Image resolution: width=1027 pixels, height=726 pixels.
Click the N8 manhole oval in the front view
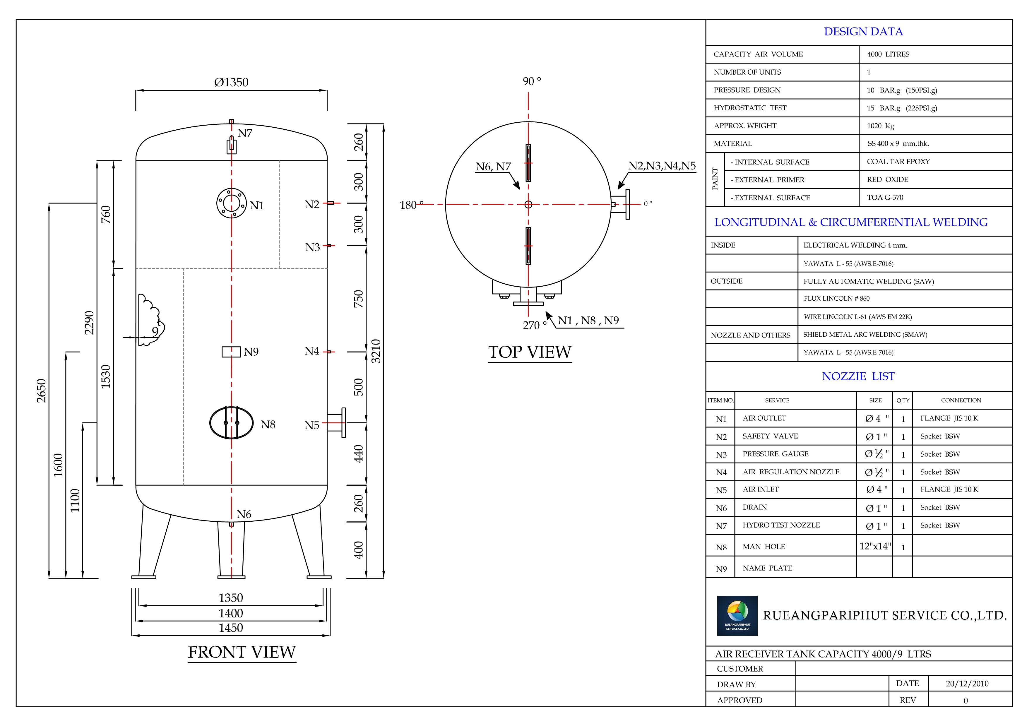click(x=231, y=423)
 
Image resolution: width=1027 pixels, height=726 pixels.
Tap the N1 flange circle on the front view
click(x=231, y=203)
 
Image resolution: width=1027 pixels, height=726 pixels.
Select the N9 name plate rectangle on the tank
click(x=231, y=352)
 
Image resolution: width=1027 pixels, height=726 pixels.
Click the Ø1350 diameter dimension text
click(x=231, y=82)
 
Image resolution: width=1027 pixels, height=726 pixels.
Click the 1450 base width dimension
click(x=231, y=628)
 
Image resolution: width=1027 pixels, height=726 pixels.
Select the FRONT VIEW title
click(x=242, y=652)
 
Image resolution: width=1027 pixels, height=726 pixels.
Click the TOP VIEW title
click(x=530, y=352)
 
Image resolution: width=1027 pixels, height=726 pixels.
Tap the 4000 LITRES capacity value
click(x=888, y=54)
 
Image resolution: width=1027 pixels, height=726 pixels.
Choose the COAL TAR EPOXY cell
click(x=898, y=162)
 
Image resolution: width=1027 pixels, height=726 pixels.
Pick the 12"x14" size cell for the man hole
click(x=875, y=546)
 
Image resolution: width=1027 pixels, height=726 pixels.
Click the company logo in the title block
click(x=737, y=616)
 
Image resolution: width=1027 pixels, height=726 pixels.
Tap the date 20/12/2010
click(x=967, y=684)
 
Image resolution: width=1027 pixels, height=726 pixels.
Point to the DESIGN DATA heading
click(x=863, y=32)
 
